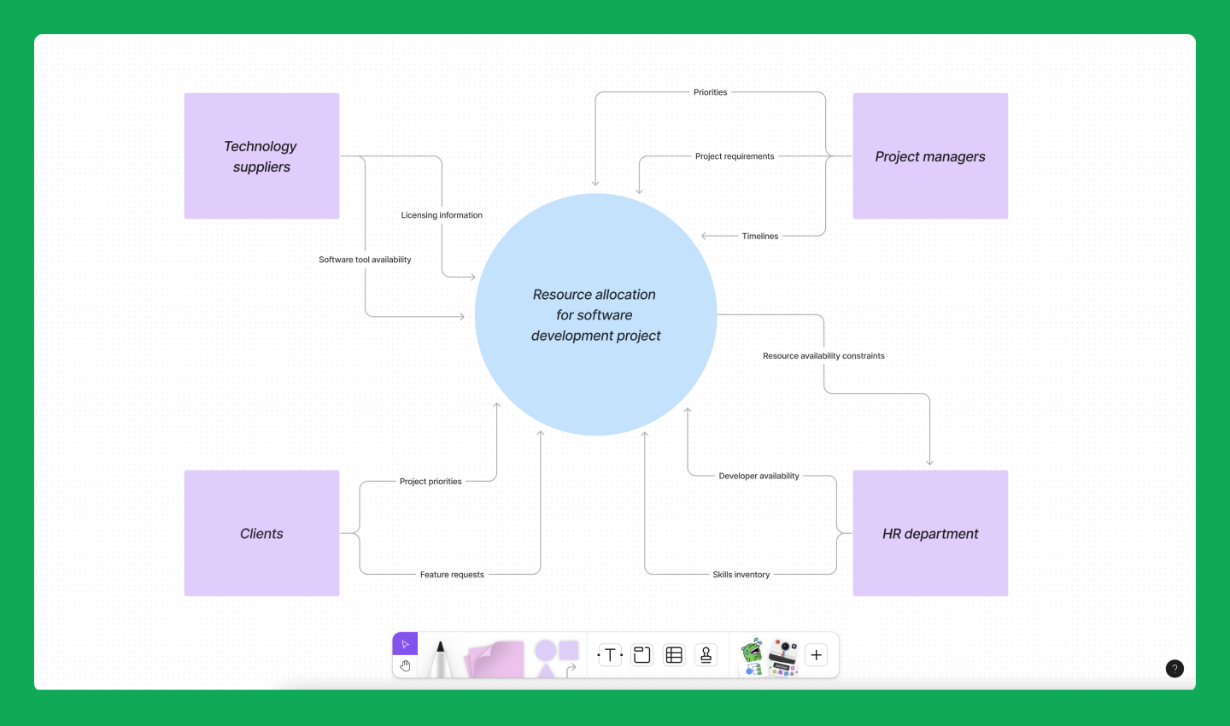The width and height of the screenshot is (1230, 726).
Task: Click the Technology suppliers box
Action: point(261,156)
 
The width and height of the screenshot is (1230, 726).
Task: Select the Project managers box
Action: point(930,156)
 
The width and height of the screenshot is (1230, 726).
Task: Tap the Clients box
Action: point(261,534)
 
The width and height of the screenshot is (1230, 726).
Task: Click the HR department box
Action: point(930,534)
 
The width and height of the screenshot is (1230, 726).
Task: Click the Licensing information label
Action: point(442,215)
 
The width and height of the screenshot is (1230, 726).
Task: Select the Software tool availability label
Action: point(365,260)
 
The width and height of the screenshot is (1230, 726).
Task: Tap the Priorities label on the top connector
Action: point(710,92)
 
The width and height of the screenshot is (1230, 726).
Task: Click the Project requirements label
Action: point(735,156)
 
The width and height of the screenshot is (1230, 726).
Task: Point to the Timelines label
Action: point(760,237)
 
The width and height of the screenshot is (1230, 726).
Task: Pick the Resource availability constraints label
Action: point(823,356)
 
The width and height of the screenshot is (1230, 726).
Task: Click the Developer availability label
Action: point(758,477)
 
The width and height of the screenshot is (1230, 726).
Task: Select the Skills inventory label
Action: point(741,575)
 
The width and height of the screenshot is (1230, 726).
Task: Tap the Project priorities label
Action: point(430,482)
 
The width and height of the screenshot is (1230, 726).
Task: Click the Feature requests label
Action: point(452,575)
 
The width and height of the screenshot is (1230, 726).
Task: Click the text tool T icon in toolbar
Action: point(610,655)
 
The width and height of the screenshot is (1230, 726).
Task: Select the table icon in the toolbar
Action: point(674,655)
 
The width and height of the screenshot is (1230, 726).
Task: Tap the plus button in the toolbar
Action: point(816,655)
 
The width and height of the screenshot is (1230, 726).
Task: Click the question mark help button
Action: point(1174,669)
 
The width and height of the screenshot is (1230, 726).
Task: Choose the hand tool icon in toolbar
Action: point(405,666)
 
